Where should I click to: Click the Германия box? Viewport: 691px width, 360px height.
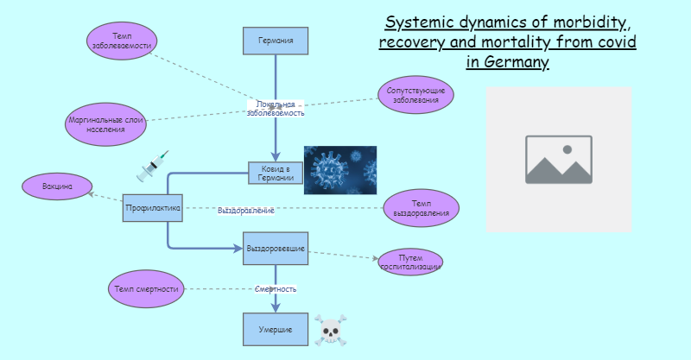click(276, 41)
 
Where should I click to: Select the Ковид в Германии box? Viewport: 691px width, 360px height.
click(276, 173)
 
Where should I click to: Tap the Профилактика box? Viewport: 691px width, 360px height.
click(152, 208)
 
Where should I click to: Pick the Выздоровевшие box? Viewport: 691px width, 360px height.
click(276, 248)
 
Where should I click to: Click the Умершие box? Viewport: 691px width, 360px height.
click(276, 329)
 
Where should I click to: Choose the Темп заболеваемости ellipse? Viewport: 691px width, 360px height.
click(122, 41)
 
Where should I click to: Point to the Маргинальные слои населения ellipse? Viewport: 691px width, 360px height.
click(105, 124)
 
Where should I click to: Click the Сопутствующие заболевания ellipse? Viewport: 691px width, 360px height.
click(415, 95)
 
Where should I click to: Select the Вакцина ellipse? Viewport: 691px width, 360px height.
click(56, 186)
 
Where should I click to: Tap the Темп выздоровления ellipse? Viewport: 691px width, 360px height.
click(421, 208)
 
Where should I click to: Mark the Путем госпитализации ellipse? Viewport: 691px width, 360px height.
click(410, 262)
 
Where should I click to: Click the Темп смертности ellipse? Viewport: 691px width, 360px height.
click(146, 288)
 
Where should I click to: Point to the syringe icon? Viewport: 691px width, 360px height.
click(152, 167)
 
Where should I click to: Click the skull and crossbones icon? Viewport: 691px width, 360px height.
click(330, 330)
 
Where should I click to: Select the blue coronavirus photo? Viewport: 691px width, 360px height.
click(340, 169)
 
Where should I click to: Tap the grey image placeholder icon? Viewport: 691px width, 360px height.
click(559, 160)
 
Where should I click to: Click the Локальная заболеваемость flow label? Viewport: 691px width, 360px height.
click(276, 108)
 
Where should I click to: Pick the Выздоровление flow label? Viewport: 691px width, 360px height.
click(246, 210)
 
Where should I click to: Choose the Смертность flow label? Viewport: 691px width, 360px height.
click(276, 289)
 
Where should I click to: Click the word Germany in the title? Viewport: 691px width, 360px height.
click(515, 63)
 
